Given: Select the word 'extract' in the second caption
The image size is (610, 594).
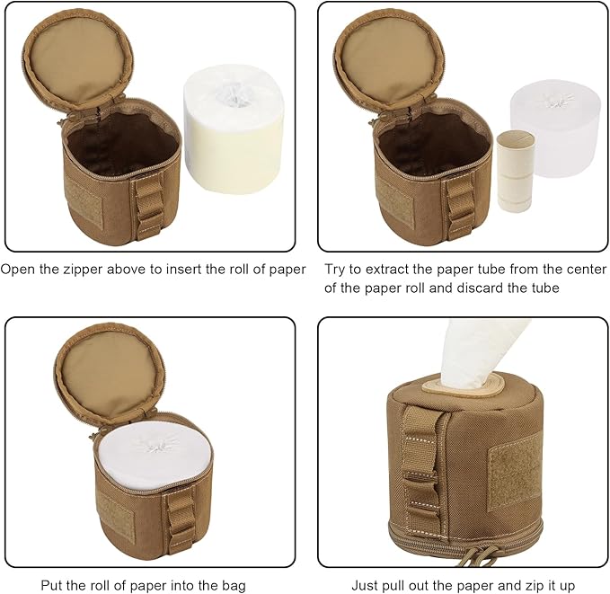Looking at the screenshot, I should click(x=399, y=269).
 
